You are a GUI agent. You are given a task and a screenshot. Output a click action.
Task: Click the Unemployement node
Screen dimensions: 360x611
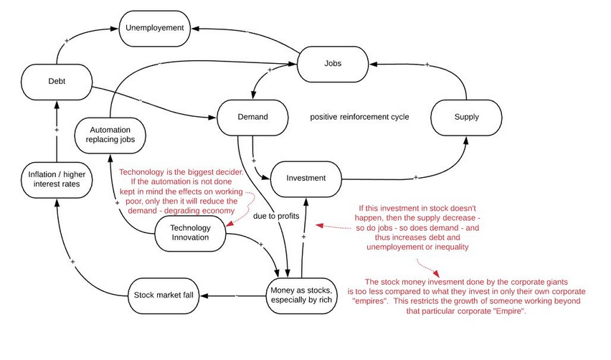[155, 28]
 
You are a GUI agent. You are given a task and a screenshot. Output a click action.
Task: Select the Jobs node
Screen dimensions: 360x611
[332, 63]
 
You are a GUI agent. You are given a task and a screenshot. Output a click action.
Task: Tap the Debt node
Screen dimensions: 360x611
[57, 82]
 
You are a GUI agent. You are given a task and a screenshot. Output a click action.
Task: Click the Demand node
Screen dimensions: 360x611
[252, 117]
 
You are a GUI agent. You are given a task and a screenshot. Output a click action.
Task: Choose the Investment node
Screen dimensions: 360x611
[305, 177]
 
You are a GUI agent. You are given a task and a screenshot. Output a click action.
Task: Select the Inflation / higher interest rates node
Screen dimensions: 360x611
[56, 178]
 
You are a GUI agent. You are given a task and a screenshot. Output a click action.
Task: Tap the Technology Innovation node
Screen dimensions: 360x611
[190, 232]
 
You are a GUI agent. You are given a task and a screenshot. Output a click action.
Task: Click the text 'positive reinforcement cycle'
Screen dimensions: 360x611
[359, 117]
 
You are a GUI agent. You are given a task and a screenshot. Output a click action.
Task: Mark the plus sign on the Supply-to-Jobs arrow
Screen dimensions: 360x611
[427, 65]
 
